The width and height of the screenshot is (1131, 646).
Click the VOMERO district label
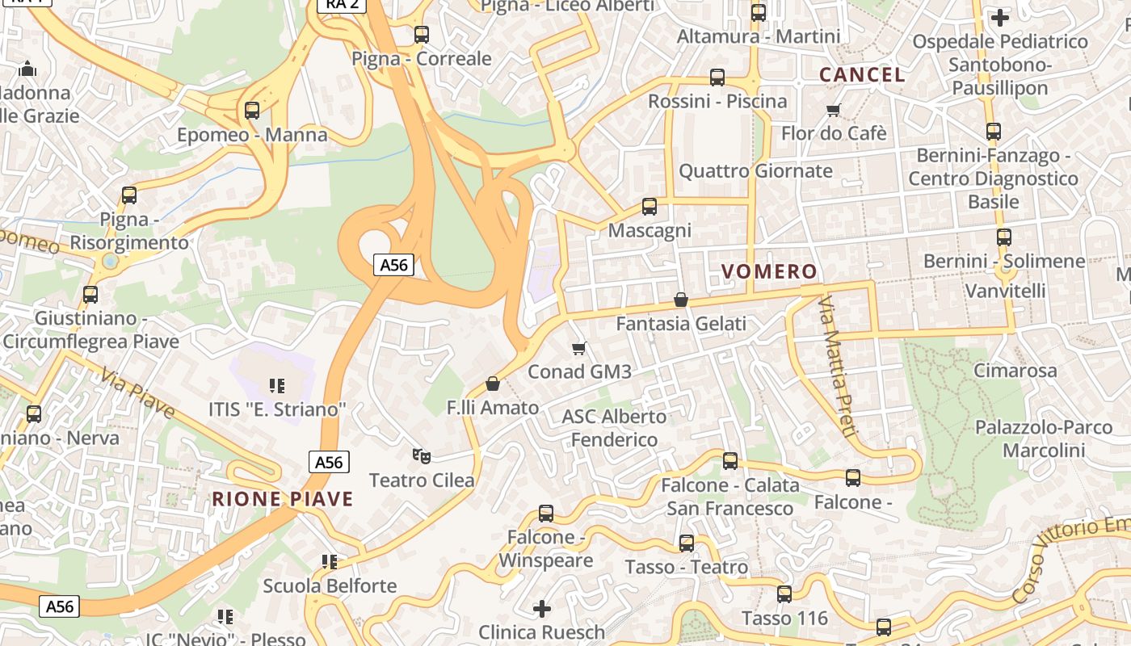point(768,271)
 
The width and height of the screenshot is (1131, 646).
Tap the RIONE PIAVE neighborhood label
point(283,499)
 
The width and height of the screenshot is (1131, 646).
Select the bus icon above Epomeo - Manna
point(252,111)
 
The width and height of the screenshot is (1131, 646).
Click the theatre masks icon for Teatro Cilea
point(421,456)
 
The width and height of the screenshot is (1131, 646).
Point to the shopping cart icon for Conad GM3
point(578,349)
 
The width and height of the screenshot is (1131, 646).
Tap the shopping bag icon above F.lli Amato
point(493,384)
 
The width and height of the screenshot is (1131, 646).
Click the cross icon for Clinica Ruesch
point(542,607)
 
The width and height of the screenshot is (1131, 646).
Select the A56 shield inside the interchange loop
point(394,264)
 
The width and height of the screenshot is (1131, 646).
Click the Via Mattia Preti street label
point(836,367)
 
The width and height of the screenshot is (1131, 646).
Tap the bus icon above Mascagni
point(650,207)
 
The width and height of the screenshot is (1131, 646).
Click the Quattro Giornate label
point(755,171)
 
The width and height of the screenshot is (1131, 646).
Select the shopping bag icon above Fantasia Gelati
point(681,300)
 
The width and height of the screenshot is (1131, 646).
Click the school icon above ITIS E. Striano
point(277,386)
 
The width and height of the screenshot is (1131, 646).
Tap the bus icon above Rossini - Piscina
point(717,78)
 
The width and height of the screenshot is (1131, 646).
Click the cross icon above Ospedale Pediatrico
point(1000,17)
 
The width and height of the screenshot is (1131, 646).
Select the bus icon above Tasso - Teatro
point(687,543)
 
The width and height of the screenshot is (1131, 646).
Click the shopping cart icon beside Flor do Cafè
point(834,110)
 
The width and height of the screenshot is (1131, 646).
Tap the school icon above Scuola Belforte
point(329,561)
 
